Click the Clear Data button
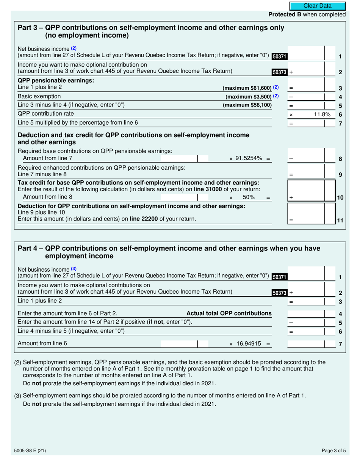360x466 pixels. (x=318, y=6)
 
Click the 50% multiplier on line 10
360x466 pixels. (x=248, y=197)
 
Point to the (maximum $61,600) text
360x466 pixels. (x=247, y=88)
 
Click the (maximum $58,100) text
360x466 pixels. (x=247, y=105)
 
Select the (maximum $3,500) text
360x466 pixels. (x=249, y=96)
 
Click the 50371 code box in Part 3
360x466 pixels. (x=280, y=56)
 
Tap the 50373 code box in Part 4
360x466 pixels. (x=280, y=293)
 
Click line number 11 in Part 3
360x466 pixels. (x=340, y=220)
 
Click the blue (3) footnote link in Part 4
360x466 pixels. (x=74, y=269)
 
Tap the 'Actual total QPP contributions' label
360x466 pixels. (x=229, y=313)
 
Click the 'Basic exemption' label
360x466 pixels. (x=39, y=96)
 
